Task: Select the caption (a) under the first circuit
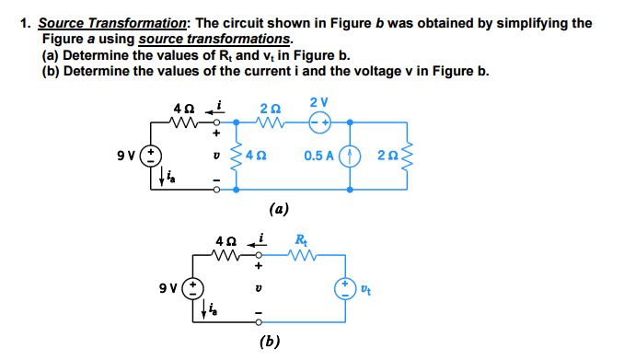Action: [x=280, y=209]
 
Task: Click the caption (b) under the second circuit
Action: [x=271, y=342]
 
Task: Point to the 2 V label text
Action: [x=318, y=101]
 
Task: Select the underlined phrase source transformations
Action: [x=214, y=39]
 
